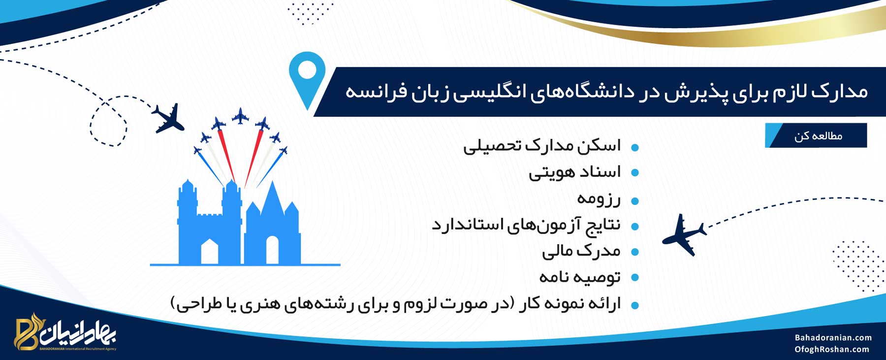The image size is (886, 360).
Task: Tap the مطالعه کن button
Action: point(816,135)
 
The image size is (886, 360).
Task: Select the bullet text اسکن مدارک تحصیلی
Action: point(542,146)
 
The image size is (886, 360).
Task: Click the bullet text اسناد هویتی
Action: point(575,172)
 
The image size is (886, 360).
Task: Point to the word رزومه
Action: point(599,199)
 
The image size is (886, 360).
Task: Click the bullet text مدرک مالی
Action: point(581,251)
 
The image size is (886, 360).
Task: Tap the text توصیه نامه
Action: point(580,277)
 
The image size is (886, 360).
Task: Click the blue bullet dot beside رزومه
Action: point(635,201)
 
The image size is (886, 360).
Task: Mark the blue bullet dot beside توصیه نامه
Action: point(635,278)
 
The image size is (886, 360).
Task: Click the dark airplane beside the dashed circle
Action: point(168,118)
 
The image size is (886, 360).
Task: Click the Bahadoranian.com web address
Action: point(833,338)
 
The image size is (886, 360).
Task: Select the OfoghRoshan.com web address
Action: point(832,350)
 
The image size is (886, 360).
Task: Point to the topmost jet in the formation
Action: point(240,116)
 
